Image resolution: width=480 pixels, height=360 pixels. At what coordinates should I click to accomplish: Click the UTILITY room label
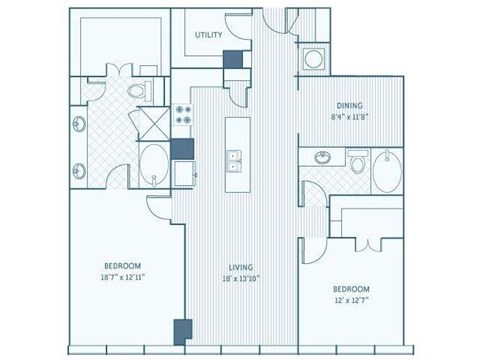click(208, 34)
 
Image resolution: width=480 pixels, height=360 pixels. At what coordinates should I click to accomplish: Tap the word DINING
click(349, 105)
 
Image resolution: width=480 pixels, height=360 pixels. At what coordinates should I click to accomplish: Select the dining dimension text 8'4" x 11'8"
click(349, 116)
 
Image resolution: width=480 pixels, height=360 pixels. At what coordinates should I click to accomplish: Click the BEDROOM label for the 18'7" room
click(120, 265)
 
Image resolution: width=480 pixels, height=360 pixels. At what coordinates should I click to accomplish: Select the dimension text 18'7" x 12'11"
click(120, 277)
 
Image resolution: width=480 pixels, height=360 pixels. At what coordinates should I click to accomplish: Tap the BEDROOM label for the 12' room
click(351, 287)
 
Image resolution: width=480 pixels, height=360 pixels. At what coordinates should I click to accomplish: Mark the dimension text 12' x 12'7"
click(351, 298)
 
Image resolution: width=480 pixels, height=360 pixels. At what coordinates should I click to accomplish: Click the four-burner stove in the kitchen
click(183, 115)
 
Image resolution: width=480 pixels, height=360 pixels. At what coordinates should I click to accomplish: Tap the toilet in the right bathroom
click(357, 160)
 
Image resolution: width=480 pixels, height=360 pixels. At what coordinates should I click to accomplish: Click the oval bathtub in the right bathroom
click(386, 171)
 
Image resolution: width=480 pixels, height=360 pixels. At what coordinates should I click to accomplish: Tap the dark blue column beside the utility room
click(232, 60)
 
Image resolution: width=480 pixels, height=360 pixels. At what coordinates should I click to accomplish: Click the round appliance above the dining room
click(312, 59)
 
